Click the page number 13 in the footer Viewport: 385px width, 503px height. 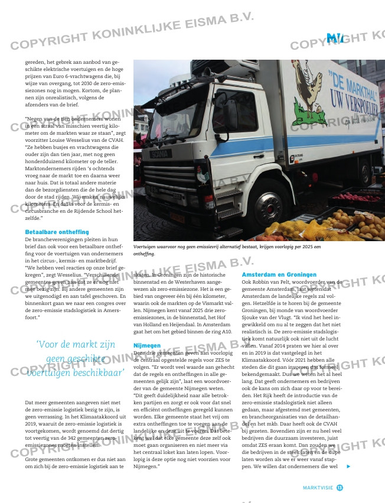pyautogui.click(x=340, y=486)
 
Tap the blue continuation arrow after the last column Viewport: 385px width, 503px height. pyautogui.click(x=348, y=466)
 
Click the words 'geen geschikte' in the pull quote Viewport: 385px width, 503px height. pyautogui.click(x=75, y=358)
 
